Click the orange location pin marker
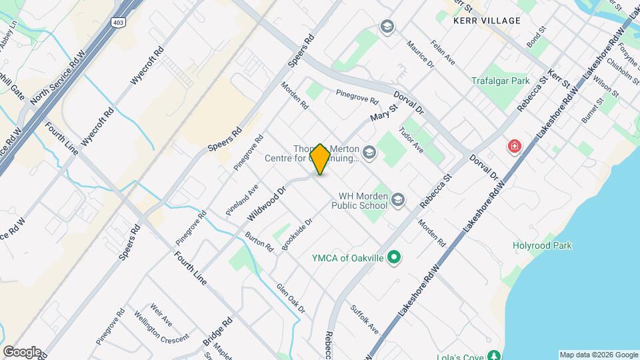tap(320, 159)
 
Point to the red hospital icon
tap(514, 146)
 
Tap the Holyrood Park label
tap(542, 245)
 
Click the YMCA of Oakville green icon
tap(393, 257)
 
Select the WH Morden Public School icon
tap(397, 200)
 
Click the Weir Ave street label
tap(161, 313)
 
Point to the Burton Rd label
tap(259, 242)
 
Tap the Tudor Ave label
tap(411, 138)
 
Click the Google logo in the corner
tap(22, 351)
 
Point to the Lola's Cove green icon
tap(493, 356)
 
